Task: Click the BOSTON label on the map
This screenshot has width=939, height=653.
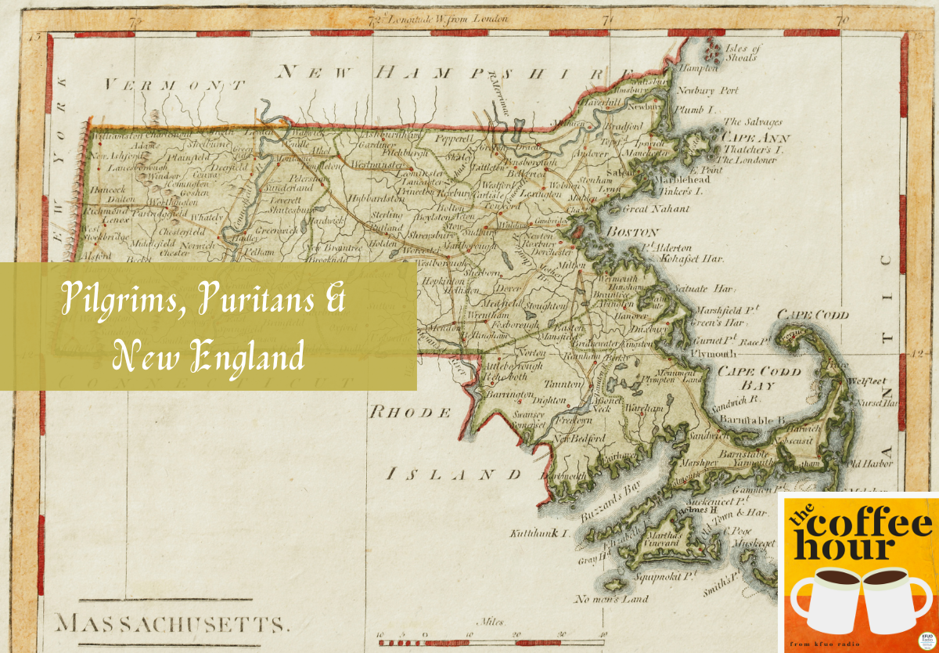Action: pyautogui.click(x=633, y=233)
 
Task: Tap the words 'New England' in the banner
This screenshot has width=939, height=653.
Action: pyautogui.click(x=207, y=356)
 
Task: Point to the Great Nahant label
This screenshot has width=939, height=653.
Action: pyautogui.click(x=655, y=209)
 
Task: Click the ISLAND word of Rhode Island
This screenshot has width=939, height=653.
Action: pyautogui.click(x=454, y=474)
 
